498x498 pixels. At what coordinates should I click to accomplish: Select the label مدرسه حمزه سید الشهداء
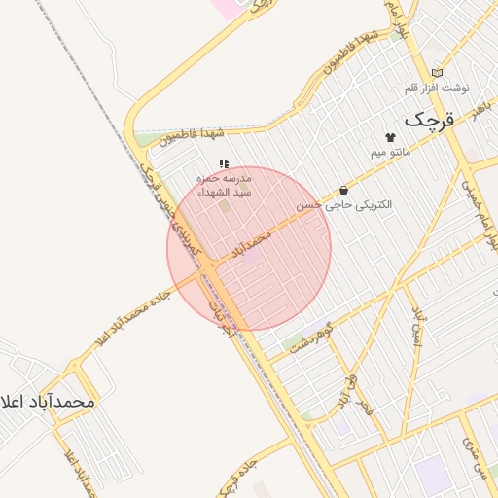pos(225,186)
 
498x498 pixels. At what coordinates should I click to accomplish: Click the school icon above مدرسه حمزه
pos(224,164)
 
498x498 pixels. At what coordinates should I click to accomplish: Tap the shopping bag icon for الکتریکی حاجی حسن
pos(343,190)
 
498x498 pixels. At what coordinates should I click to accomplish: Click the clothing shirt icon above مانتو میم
pos(391,137)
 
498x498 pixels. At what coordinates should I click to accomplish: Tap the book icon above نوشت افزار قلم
pos(437,72)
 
